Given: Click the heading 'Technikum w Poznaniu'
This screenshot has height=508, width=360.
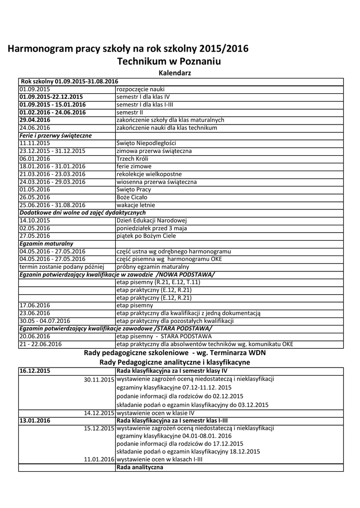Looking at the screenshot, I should click(168, 62).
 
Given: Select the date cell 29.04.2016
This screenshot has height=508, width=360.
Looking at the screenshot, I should click(35, 120).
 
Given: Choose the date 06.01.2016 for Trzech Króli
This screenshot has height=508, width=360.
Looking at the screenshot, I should click(35, 159).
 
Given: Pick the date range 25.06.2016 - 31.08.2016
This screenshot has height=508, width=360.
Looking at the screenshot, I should click(52, 205).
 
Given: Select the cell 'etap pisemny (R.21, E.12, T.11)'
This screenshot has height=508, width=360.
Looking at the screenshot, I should click(158, 282).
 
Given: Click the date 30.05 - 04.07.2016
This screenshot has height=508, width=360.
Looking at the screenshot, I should click(45, 320).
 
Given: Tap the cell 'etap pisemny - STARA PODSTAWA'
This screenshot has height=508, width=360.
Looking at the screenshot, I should click(163, 336).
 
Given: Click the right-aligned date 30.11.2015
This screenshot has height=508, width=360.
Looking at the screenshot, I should click(99, 379).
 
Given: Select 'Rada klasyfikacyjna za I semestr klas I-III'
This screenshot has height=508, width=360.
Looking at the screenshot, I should click(172, 420).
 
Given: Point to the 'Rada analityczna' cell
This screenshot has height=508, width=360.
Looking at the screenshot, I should click(140, 467).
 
